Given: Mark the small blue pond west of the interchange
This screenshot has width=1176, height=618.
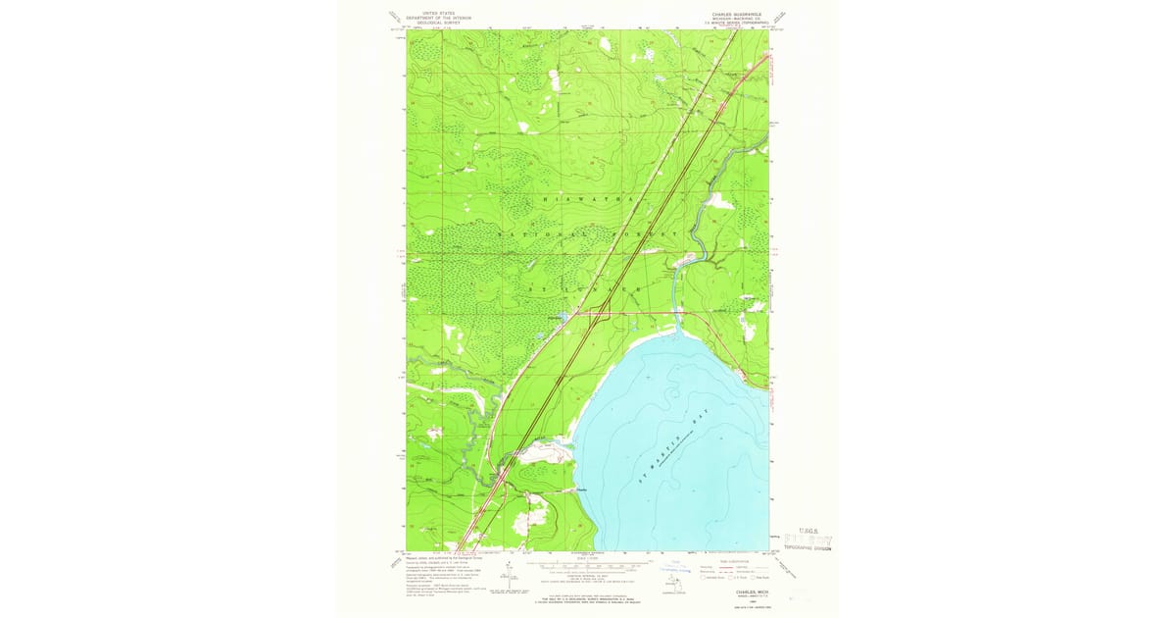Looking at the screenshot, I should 556,317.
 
